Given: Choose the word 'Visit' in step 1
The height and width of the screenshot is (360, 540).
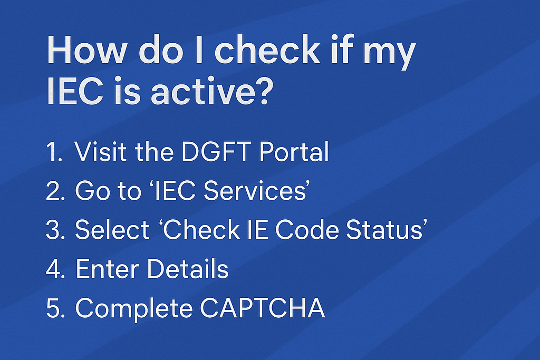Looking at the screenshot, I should (x=101, y=152).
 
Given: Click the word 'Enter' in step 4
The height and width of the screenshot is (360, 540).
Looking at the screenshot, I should (x=108, y=269).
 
